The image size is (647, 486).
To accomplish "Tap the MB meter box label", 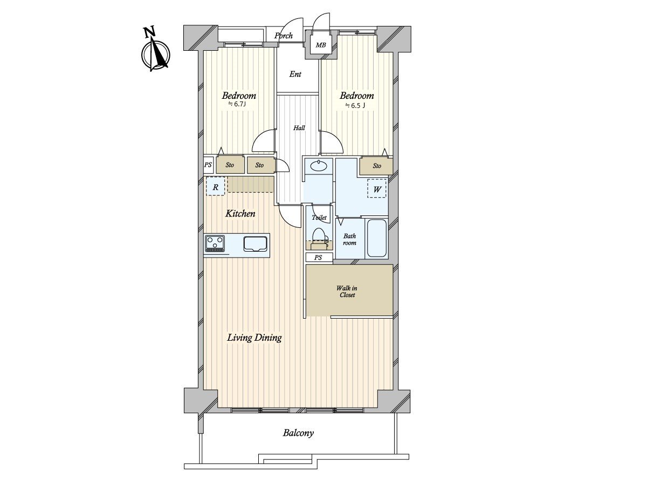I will (321, 45).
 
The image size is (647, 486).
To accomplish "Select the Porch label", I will (283, 36).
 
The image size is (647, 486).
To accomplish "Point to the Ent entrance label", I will (295, 74).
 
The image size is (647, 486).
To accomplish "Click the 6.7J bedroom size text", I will (237, 104).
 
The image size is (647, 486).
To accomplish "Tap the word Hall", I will (299, 128).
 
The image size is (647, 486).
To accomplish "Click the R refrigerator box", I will (216, 187).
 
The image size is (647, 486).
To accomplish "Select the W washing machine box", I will (377, 189).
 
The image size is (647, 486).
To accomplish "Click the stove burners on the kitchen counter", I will (216, 243).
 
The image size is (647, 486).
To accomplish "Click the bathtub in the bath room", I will (376, 238).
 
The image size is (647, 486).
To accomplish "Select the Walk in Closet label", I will (347, 291).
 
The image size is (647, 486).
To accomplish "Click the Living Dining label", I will (254, 338).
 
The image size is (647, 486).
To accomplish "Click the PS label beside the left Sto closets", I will (208, 165).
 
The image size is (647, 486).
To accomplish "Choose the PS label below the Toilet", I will (318, 258).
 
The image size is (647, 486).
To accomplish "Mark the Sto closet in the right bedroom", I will (376, 165).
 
